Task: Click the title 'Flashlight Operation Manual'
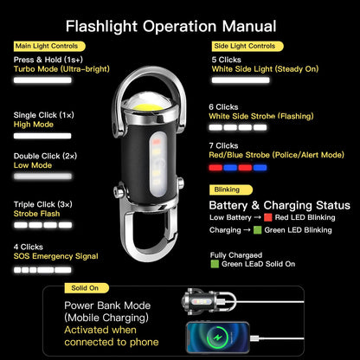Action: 171,27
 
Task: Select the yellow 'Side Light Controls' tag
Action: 244,46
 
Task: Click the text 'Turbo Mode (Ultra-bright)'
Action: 56,68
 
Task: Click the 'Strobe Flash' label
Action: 38,213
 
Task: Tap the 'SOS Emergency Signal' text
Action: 55,256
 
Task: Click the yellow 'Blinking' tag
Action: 226,189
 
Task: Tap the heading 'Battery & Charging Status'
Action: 280,205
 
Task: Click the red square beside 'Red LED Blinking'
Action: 268,217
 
